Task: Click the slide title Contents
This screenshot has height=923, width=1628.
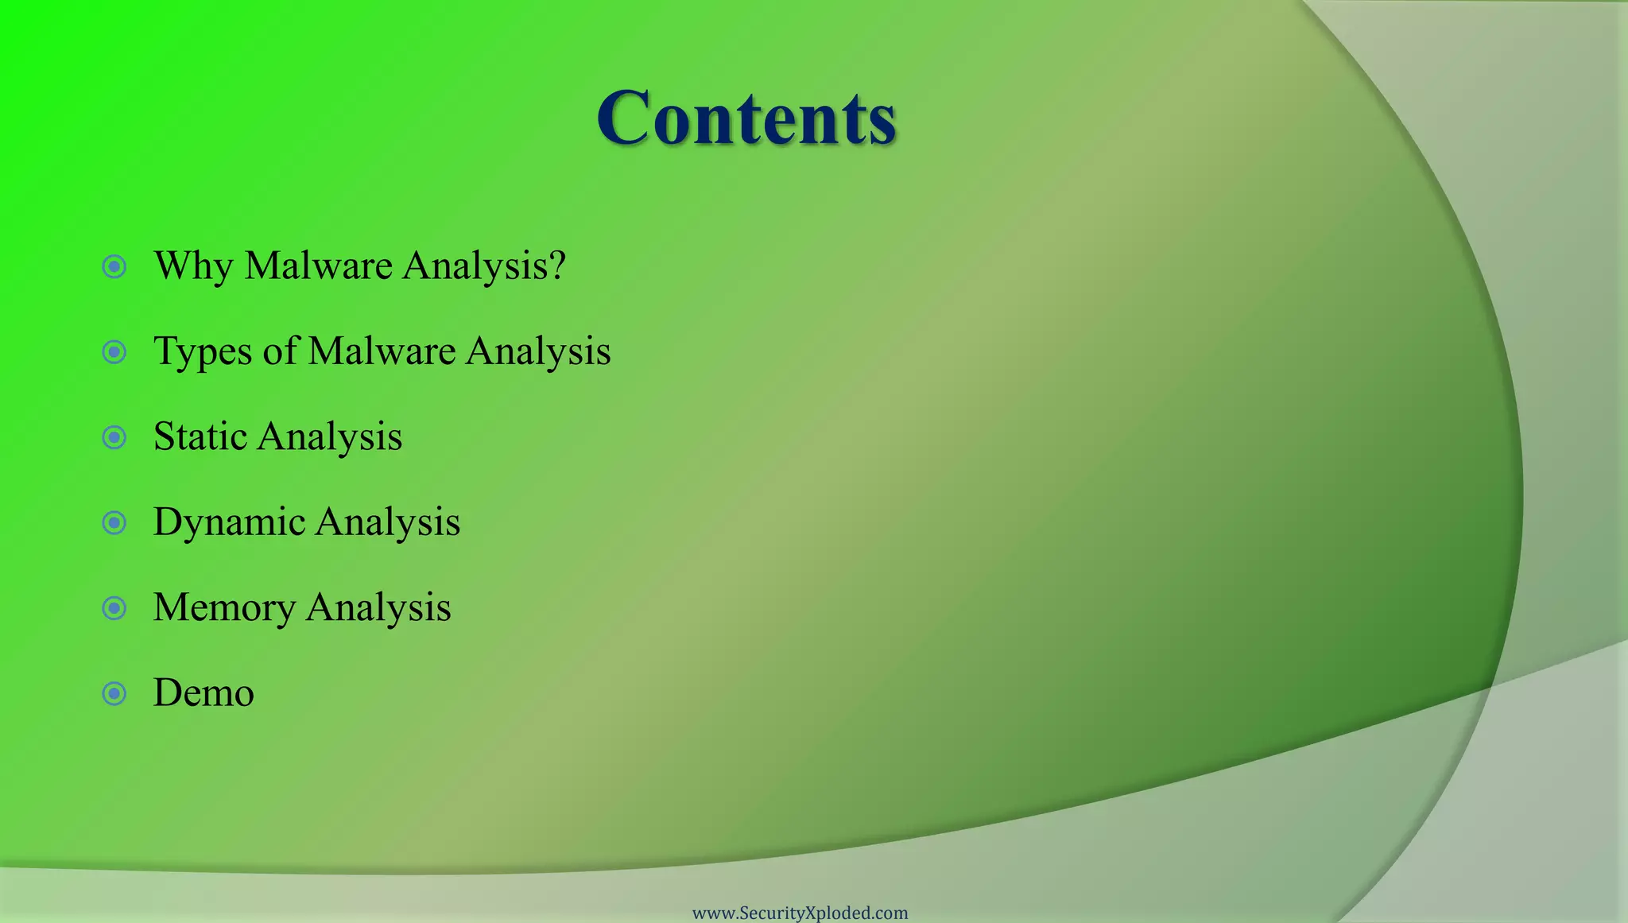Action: click(746, 118)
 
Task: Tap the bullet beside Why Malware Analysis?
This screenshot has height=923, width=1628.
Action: click(114, 266)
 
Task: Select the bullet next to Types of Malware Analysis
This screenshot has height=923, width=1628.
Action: click(114, 351)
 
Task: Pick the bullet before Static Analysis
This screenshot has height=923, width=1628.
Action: click(114, 437)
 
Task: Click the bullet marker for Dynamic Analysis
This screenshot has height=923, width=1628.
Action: click(114, 522)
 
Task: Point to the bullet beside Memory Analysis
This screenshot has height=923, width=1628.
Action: click(114, 608)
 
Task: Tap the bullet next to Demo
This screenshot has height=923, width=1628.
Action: click(114, 693)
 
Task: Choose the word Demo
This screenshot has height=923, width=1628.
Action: click(203, 692)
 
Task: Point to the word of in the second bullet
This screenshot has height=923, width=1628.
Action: click(280, 351)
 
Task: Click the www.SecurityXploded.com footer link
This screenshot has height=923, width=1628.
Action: click(800, 913)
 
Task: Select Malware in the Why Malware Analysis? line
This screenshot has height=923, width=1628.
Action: click(318, 266)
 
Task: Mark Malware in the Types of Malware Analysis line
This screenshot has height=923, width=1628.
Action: click(382, 351)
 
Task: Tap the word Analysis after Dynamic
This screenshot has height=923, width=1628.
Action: click(387, 522)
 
